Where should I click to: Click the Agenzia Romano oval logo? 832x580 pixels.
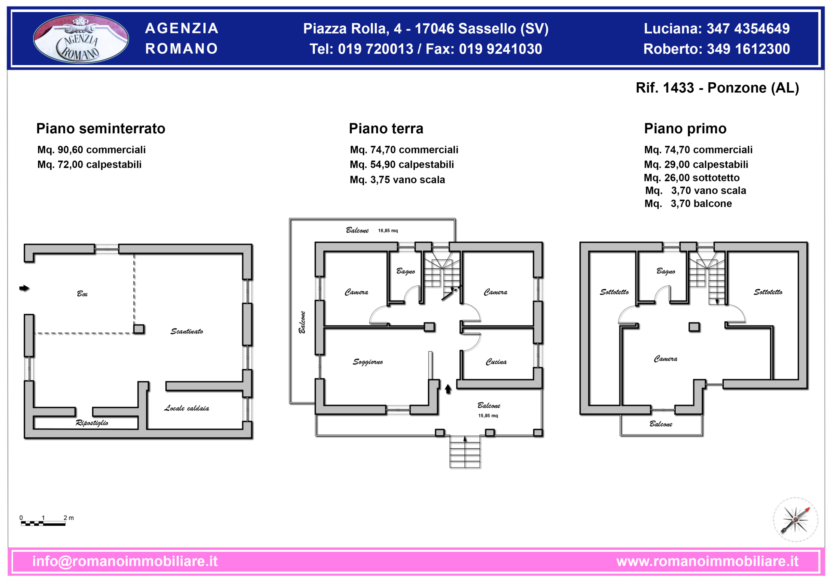pos(81,38)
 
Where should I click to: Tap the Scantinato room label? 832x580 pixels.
pos(187,331)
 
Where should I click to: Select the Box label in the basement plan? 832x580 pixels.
pos(82,294)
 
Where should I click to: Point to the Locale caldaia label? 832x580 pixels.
pos(187,408)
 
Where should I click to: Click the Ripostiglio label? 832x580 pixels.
pos(92,423)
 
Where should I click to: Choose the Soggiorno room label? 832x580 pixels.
pos(368,362)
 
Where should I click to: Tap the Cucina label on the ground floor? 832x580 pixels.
pos(496,362)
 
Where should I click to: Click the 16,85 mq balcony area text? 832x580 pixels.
pos(388,231)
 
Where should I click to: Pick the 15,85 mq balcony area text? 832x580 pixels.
pos(488,415)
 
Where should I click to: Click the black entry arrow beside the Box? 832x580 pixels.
pos(24,288)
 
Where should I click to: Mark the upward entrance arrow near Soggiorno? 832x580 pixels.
pos(448,389)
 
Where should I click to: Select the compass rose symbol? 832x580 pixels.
pos(795,520)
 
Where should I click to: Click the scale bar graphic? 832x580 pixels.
pos(43,523)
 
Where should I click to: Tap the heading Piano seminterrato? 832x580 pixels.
pos(101,129)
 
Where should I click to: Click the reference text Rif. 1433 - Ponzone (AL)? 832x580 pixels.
pos(717,88)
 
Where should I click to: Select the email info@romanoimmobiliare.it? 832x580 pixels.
pos(125,561)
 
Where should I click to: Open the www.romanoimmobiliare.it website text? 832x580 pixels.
pos(707,561)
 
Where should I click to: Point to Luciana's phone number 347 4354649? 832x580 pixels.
pos(748,29)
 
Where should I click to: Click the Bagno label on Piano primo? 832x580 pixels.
pos(666,271)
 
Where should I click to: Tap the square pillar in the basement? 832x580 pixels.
pos(139,329)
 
